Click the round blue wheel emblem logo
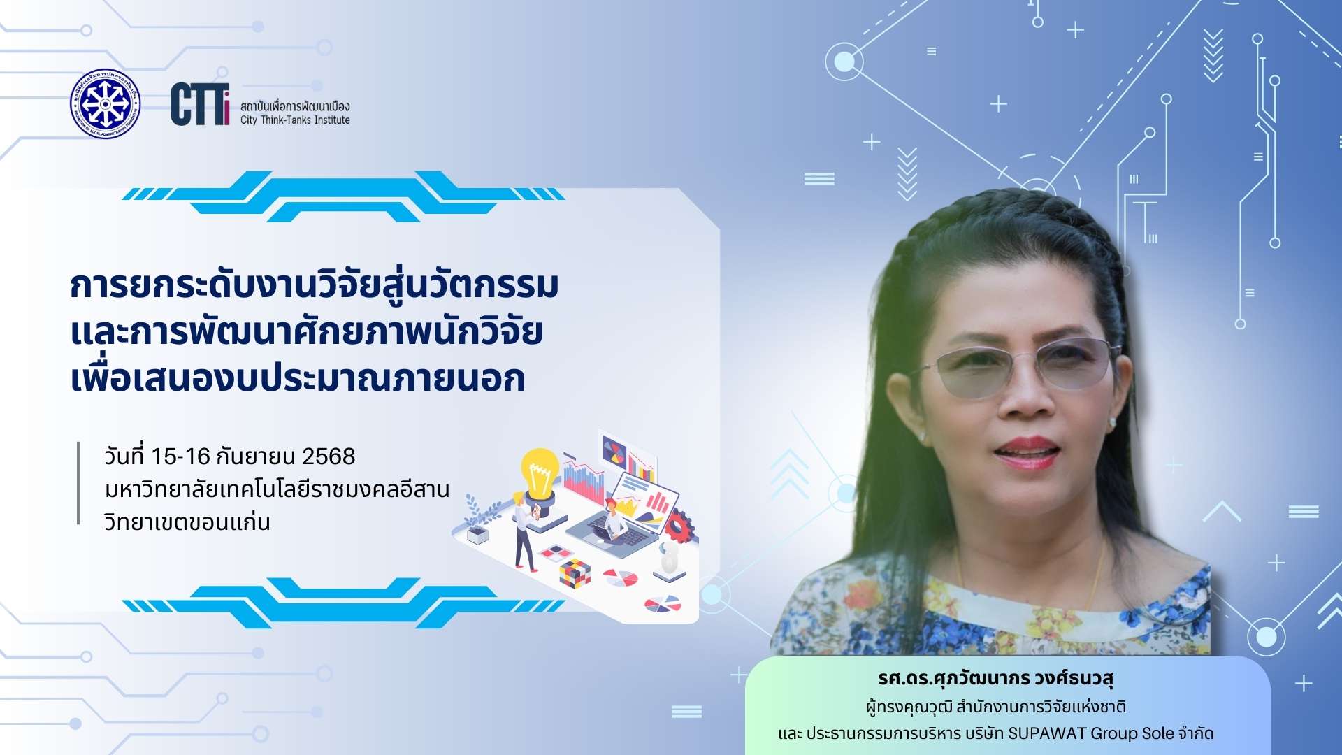tap(105, 103)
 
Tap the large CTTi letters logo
tap(200, 104)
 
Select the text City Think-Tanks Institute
tap(295, 120)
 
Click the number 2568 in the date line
tap(329, 456)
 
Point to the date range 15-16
tap(180, 456)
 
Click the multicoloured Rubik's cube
tap(575, 573)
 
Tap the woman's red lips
tap(1026, 452)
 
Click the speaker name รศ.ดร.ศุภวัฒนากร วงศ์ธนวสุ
tap(996, 678)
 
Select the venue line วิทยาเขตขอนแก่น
tap(187, 522)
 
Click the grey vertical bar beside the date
tap(78, 482)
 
